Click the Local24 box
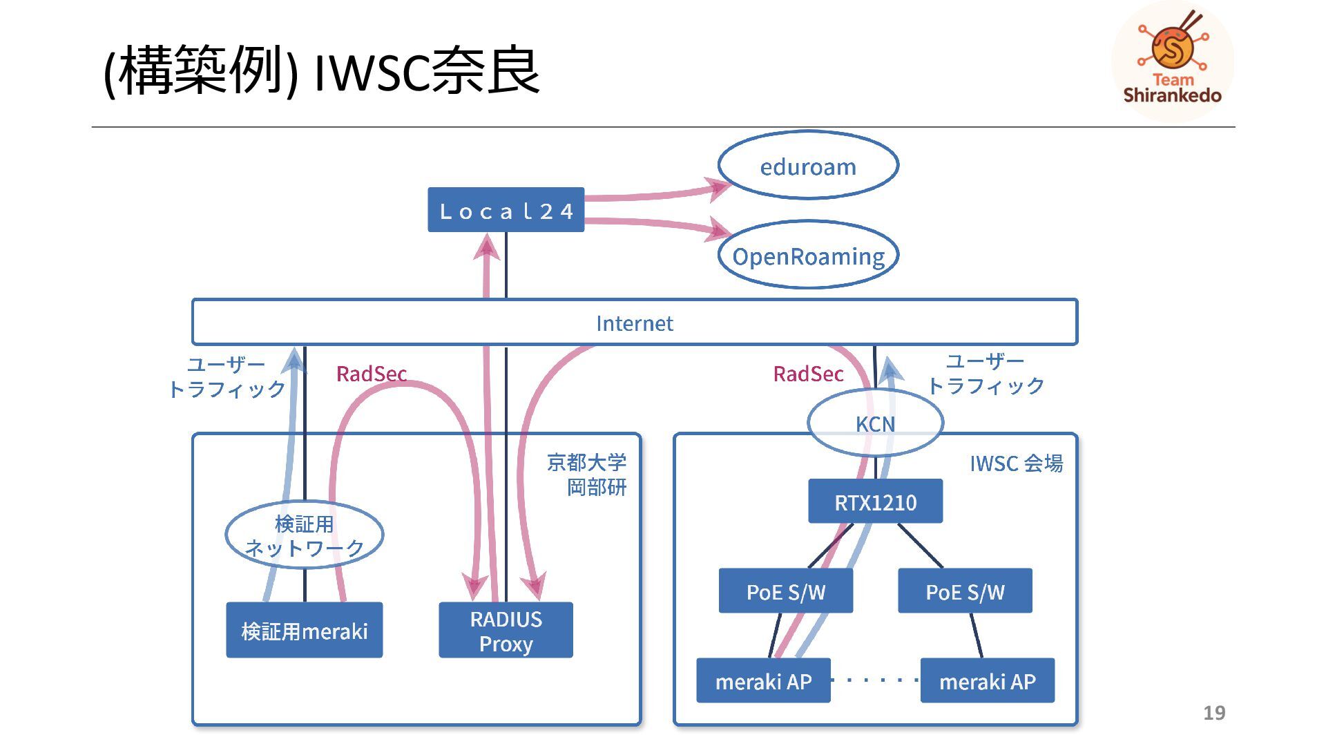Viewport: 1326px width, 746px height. (x=506, y=210)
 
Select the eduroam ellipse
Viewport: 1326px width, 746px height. (x=807, y=166)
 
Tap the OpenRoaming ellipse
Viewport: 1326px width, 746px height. (x=807, y=256)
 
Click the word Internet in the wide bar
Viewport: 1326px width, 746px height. (x=634, y=323)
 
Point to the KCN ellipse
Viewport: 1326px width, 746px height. (x=875, y=423)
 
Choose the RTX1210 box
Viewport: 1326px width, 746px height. (x=875, y=501)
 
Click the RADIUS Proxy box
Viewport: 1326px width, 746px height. (x=506, y=631)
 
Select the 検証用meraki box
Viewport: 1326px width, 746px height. (x=304, y=631)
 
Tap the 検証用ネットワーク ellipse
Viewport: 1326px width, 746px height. (x=304, y=535)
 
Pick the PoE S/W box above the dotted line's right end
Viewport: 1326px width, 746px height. (x=965, y=591)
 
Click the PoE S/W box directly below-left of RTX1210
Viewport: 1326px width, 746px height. (x=785, y=591)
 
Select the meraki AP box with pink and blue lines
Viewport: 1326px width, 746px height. (x=763, y=681)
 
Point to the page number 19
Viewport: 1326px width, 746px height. (x=1214, y=713)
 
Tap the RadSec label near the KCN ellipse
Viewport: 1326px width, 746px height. (x=808, y=374)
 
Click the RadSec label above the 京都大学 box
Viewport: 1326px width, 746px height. (x=371, y=374)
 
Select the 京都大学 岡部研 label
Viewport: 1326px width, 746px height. (x=587, y=475)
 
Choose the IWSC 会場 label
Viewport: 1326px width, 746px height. (x=1016, y=463)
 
